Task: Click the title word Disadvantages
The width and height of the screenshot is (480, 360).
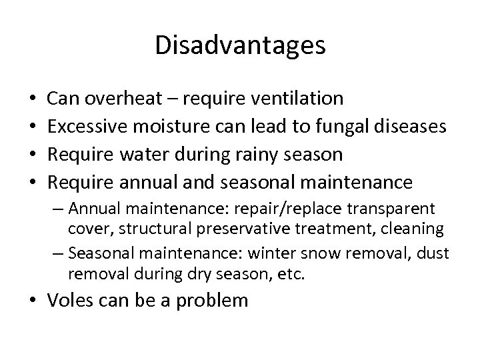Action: click(x=240, y=46)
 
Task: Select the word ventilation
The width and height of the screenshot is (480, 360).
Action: click(x=299, y=99)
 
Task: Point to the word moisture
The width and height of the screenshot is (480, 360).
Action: click(x=169, y=127)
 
